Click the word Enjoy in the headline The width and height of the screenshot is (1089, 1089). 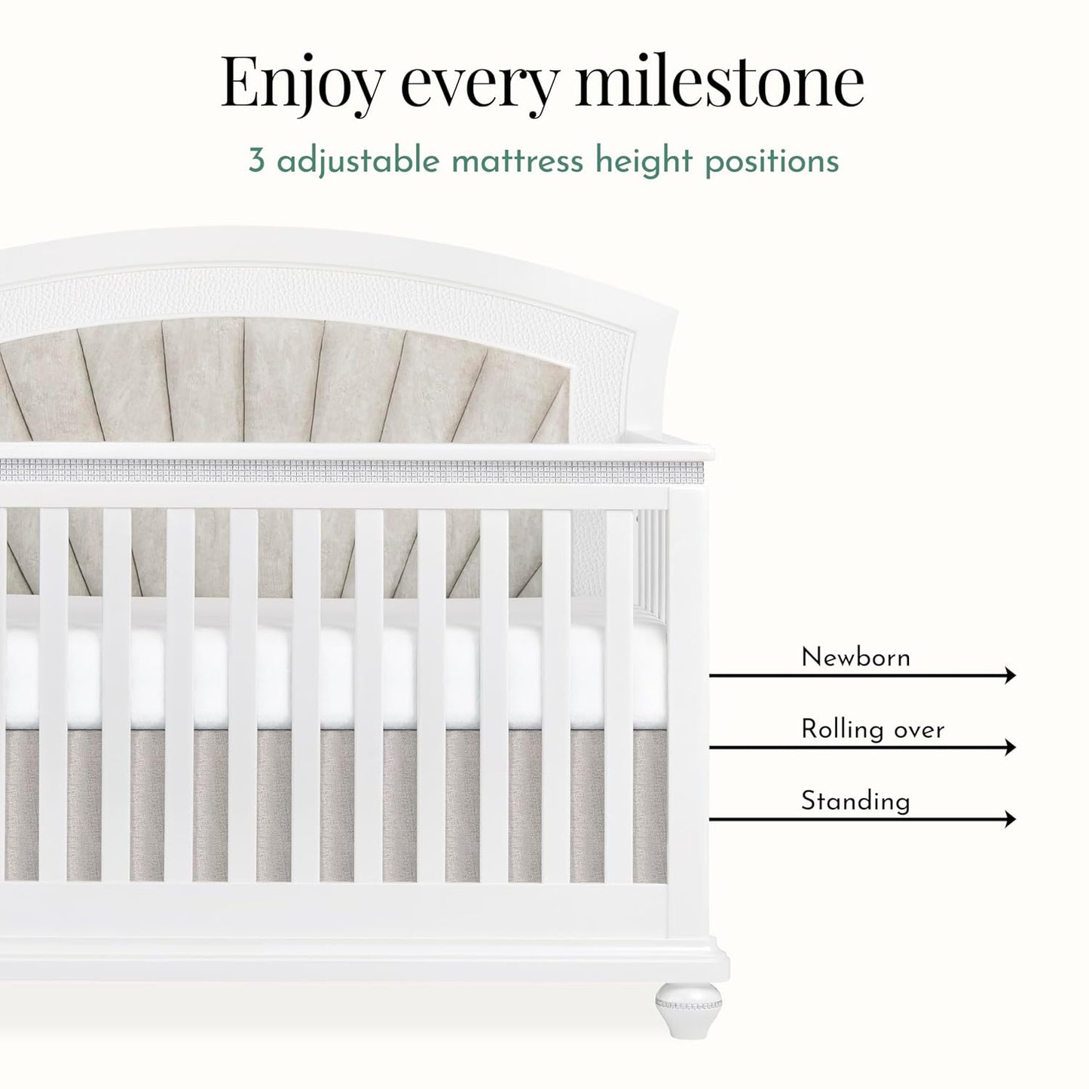pyautogui.click(x=303, y=85)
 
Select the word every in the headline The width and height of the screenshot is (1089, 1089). pyautogui.click(x=480, y=88)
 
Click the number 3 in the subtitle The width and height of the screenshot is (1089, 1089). pyautogui.click(x=256, y=161)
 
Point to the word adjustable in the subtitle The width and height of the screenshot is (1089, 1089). pyautogui.click(x=358, y=161)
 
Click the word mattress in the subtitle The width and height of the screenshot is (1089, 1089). pyautogui.click(x=517, y=161)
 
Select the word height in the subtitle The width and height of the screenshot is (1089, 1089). pyautogui.click(x=644, y=162)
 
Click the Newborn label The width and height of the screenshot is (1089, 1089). pyautogui.click(x=855, y=657)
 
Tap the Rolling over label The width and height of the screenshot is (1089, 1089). pyautogui.click(x=873, y=730)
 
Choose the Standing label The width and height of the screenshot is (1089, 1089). pyautogui.click(x=855, y=801)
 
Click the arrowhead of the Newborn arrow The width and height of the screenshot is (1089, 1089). pyautogui.click(x=1011, y=675)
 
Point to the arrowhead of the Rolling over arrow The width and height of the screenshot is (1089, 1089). pyautogui.click(x=1011, y=747)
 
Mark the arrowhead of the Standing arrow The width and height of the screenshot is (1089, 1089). pyautogui.click(x=1011, y=819)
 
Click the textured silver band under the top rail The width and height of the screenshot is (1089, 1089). pyautogui.click(x=350, y=471)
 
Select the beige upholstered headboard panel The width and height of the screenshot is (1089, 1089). pyautogui.click(x=283, y=384)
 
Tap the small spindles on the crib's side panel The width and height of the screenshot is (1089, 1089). pyautogui.click(x=652, y=562)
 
